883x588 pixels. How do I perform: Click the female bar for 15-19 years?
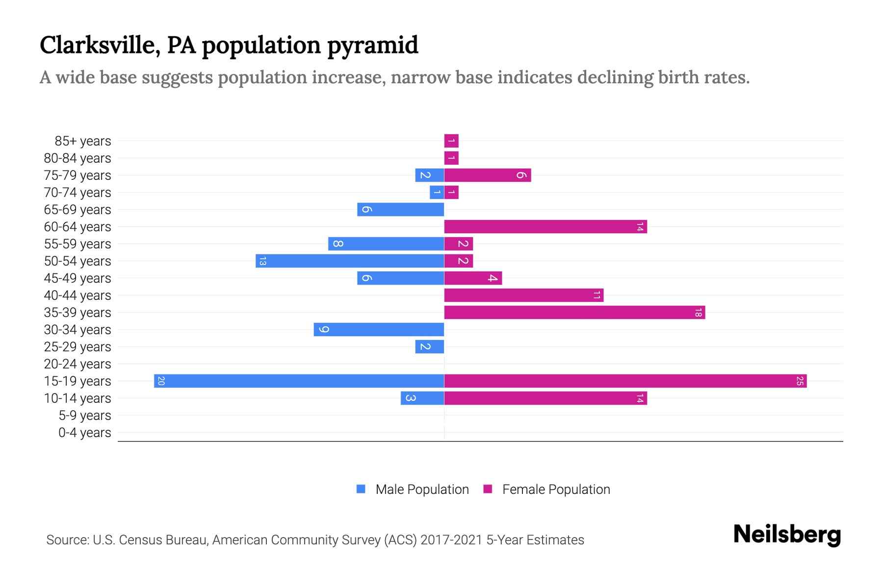(625, 381)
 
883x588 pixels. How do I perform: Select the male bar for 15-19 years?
(299, 381)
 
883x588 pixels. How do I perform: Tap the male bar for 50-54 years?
(350, 261)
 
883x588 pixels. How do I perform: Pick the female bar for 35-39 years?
(574, 312)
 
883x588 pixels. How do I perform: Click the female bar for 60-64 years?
(545, 226)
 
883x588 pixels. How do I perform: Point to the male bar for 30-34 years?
(379, 329)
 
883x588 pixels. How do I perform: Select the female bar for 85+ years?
(451, 141)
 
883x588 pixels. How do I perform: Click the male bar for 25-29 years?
(429, 346)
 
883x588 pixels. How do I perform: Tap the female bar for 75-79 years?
(488, 175)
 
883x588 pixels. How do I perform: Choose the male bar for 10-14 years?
(422, 398)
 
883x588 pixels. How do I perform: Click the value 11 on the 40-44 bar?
(597, 295)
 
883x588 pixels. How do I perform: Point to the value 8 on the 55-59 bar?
(338, 244)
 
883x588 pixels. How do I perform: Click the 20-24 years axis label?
(78, 364)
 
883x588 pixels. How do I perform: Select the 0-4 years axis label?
(84, 433)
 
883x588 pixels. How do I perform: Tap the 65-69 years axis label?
(78, 210)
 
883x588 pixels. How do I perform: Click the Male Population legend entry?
(422, 489)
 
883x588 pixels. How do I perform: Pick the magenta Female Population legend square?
(488, 489)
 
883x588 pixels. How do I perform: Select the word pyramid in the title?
(372, 45)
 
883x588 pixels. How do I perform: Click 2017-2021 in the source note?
(451, 540)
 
